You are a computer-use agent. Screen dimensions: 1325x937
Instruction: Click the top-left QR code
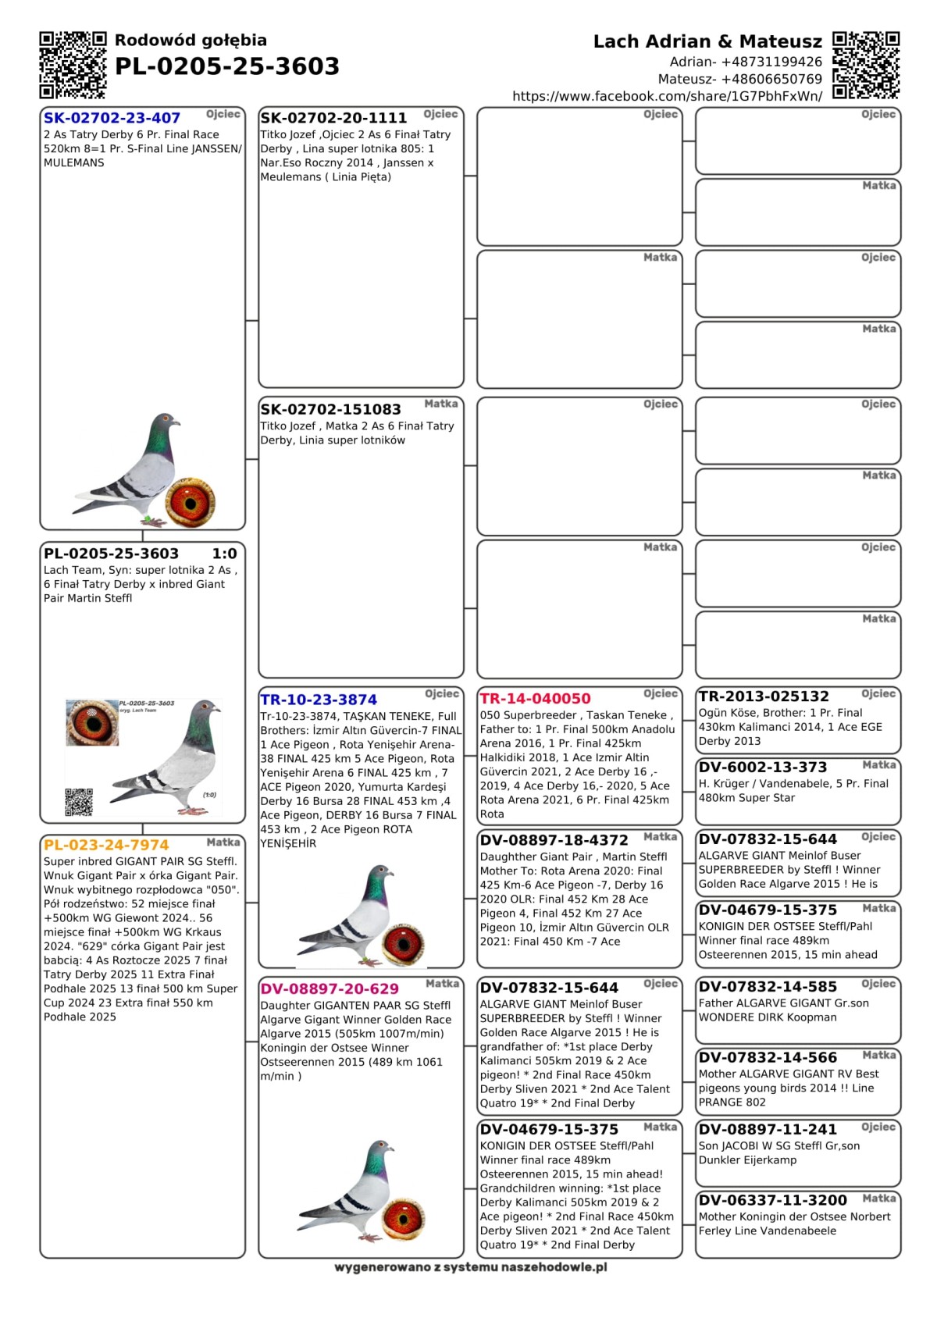pyautogui.click(x=73, y=65)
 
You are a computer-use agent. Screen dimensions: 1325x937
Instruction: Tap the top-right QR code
pyautogui.click(x=866, y=65)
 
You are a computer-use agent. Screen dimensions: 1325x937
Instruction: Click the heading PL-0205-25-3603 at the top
pyautogui.click(x=226, y=67)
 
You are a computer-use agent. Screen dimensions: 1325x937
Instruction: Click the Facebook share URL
pyautogui.click(x=667, y=96)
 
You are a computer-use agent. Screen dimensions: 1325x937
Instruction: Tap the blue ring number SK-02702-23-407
pyautogui.click(x=112, y=118)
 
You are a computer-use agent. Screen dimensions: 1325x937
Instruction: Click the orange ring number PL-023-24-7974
pyautogui.click(x=106, y=845)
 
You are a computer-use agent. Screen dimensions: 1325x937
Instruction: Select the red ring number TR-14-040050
pyautogui.click(x=535, y=699)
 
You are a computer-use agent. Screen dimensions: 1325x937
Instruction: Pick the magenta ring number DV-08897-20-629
pyautogui.click(x=330, y=988)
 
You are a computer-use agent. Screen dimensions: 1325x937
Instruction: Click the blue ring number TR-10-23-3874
pyautogui.click(x=319, y=700)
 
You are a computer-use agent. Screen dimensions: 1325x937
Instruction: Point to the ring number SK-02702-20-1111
pyautogui.click(x=333, y=118)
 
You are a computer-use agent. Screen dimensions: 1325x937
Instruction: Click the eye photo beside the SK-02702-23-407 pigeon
pyautogui.click(x=190, y=501)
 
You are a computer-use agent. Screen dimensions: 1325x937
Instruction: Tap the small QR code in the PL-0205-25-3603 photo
pyautogui.click(x=79, y=802)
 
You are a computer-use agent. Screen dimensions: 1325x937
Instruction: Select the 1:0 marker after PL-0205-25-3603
pyautogui.click(x=224, y=554)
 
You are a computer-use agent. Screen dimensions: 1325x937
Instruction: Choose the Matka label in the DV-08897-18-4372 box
pyautogui.click(x=660, y=837)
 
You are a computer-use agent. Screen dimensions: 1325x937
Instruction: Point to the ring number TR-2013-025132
pyautogui.click(x=764, y=696)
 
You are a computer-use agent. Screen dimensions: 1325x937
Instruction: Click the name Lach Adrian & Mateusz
pyautogui.click(x=707, y=41)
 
